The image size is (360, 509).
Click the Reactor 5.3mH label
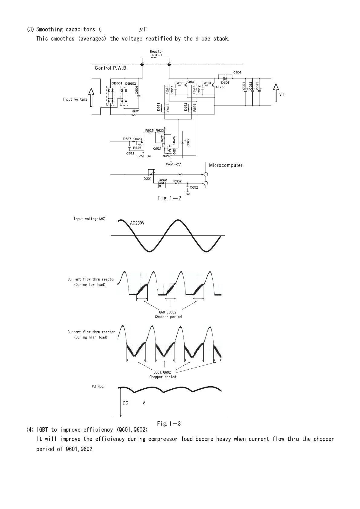tap(156, 53)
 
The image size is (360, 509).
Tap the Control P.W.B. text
tap(111, 68)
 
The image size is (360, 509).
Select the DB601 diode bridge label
tap(117, 83)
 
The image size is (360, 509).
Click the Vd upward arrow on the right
tap(276, 93)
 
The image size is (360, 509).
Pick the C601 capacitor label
tap(237, 72)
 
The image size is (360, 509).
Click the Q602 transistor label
tap(220, 87)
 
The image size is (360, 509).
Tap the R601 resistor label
tap(136, 111)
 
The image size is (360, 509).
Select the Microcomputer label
tap(226, 165)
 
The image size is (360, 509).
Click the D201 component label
tap(147, 179)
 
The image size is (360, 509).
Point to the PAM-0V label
tap(173, 164)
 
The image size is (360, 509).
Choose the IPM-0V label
tap(144, 156)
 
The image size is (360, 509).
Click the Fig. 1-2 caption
tap(169, 199)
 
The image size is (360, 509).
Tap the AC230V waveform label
tap(137, 223)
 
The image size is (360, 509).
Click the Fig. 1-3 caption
tap(169, 423)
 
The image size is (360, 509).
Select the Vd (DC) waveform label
tap(98, 387)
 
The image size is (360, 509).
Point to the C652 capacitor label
tap(194, 187)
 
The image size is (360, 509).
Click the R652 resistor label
tap(177, 181)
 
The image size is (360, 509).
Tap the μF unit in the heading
tap(143, 30)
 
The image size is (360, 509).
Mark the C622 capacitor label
tap(188, 142)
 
